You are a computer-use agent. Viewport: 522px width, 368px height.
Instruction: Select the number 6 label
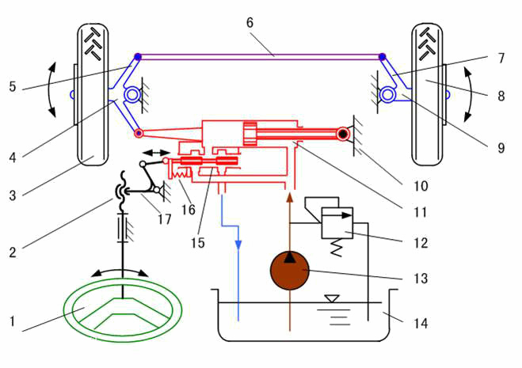(x=250, y=22)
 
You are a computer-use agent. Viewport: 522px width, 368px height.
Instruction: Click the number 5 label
(x=12, y=85)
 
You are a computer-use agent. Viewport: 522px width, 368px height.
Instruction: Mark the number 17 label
(x=163, y=219)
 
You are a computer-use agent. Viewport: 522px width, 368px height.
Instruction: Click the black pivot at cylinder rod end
(x=342, y=135)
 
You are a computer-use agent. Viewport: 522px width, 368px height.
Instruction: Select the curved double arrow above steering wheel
(x=120, y=271)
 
